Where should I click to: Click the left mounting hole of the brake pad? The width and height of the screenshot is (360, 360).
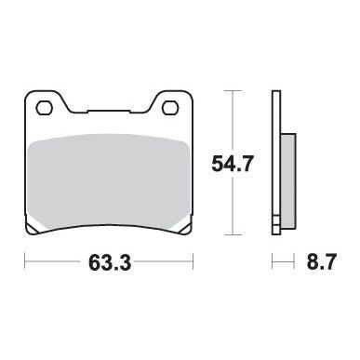pos(43,108)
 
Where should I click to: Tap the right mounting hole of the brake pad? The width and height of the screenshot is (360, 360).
pos(169,108)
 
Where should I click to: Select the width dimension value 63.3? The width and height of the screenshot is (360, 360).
pos(110,263)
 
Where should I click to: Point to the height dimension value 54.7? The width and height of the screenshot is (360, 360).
pos(233,164)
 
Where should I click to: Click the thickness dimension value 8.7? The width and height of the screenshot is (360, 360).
pos(322,262)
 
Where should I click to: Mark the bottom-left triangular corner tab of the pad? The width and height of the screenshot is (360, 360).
pos(33,228)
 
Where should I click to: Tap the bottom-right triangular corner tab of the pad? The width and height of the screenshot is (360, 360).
pos(185,228)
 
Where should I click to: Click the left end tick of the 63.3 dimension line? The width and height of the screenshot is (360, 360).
pos(25,261)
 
